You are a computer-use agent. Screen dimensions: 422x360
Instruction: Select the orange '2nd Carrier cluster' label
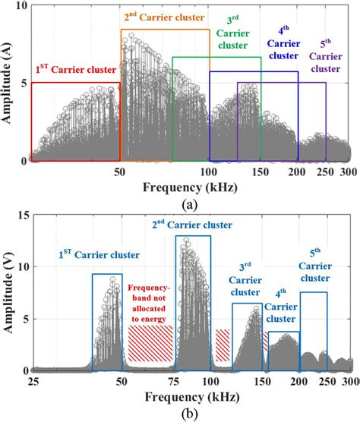coord(165,16)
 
